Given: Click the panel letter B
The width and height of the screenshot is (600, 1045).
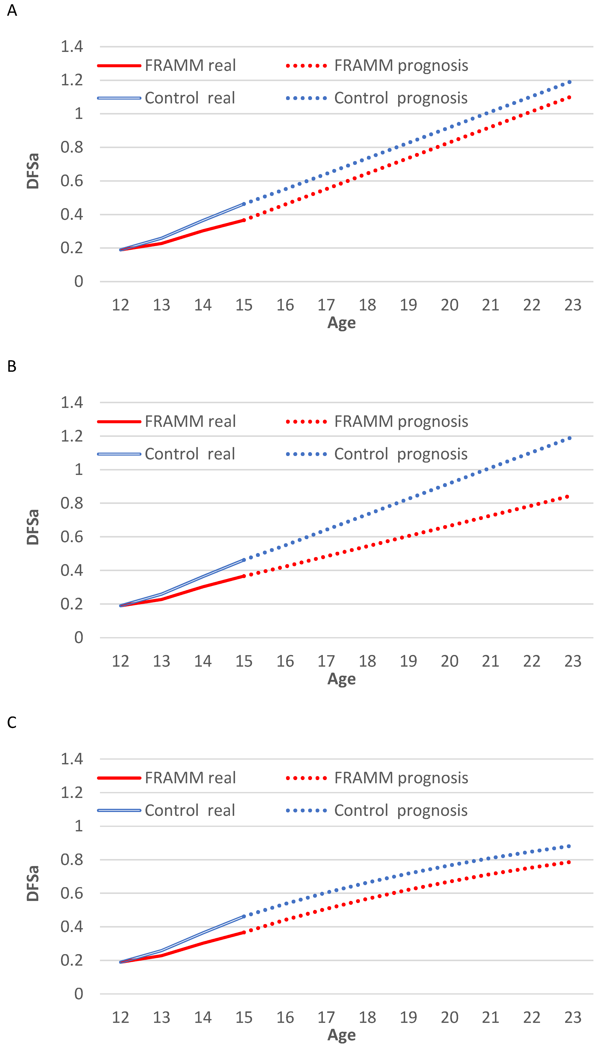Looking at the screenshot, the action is pos(12,366).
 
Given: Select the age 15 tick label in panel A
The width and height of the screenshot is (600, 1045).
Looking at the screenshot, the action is pos(244,305).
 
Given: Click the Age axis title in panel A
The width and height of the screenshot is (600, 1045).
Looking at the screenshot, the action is pos(342,323).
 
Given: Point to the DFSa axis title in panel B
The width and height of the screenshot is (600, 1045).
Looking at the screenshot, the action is pos(33,527).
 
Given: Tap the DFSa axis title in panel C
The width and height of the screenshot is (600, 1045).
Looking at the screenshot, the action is pos(33,883).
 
